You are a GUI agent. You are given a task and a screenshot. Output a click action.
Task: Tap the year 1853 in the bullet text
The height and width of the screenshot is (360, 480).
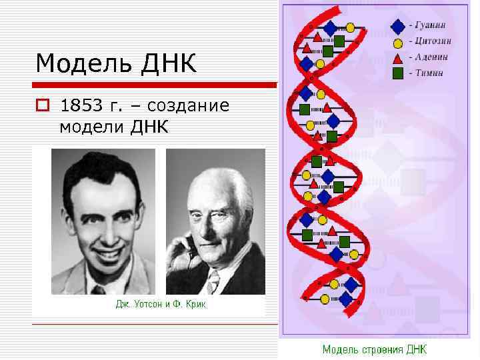[x=81, y=106]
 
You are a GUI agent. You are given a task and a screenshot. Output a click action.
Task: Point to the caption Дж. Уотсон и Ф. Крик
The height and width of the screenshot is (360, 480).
[x=161, y=305]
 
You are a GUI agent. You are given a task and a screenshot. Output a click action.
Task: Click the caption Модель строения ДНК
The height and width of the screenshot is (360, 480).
[x=375, y=349]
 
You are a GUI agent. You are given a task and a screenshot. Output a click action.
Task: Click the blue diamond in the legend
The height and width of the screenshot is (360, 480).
[x=398, y=27]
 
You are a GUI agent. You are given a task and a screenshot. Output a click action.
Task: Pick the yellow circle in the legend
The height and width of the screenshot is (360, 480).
[x=398, y=43]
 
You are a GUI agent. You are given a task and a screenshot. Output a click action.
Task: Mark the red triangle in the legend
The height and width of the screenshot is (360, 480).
[x=398, y=58]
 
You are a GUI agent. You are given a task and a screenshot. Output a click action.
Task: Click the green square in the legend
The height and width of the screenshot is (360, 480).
[x=398, y=73]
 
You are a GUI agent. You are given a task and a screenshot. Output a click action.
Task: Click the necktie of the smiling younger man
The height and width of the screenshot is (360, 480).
[x=100, y=288]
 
